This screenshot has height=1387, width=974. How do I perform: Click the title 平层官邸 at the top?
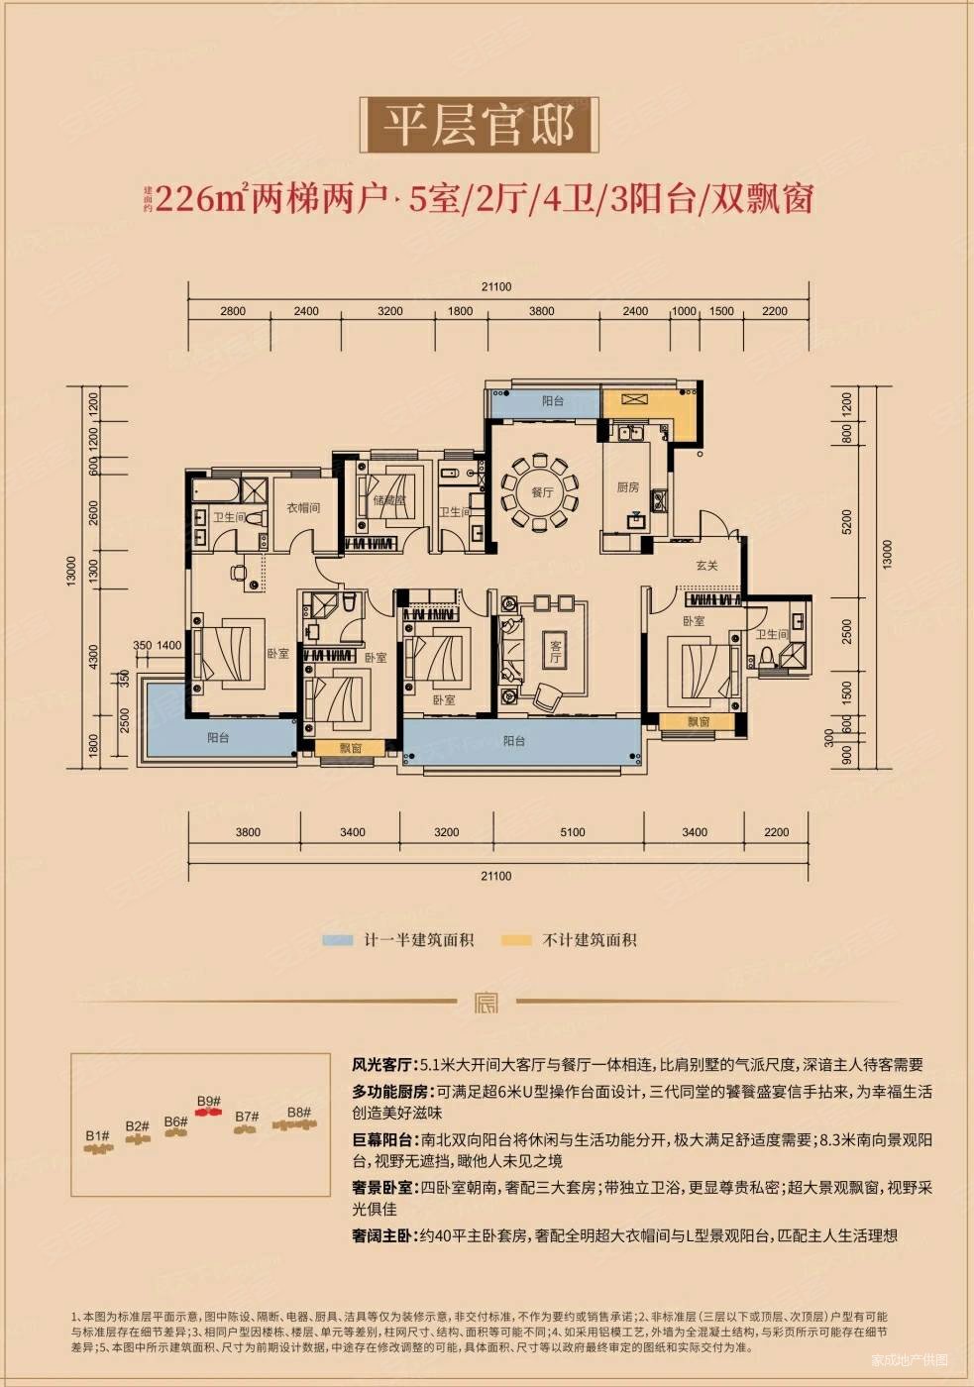click(480, 126)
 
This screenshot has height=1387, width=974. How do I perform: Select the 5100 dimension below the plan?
click(572, 832)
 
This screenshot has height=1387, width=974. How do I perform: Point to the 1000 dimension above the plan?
click(684, 311)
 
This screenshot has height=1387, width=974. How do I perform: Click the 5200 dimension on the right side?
click(846, 521)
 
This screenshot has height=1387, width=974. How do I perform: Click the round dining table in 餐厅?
click(541, 491)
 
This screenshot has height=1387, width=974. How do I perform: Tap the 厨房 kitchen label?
click(627, 486)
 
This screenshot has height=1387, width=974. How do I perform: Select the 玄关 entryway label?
click(706, 566)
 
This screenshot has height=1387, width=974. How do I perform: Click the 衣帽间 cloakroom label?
click(303, 507)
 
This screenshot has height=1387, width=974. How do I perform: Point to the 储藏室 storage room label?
click(388, 500)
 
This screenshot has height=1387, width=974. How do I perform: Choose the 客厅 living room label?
click(555, 651)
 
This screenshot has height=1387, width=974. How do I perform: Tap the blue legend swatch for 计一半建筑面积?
click(338, 940)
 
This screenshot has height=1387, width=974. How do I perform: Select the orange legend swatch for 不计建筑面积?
click(516, 940)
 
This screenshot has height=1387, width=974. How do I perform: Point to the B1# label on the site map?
click(97, 1135)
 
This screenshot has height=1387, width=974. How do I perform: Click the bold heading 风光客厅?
click(382, 1065)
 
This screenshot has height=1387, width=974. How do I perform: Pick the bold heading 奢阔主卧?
click(382, 1235)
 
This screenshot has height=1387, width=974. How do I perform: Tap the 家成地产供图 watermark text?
click(909, 1359)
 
